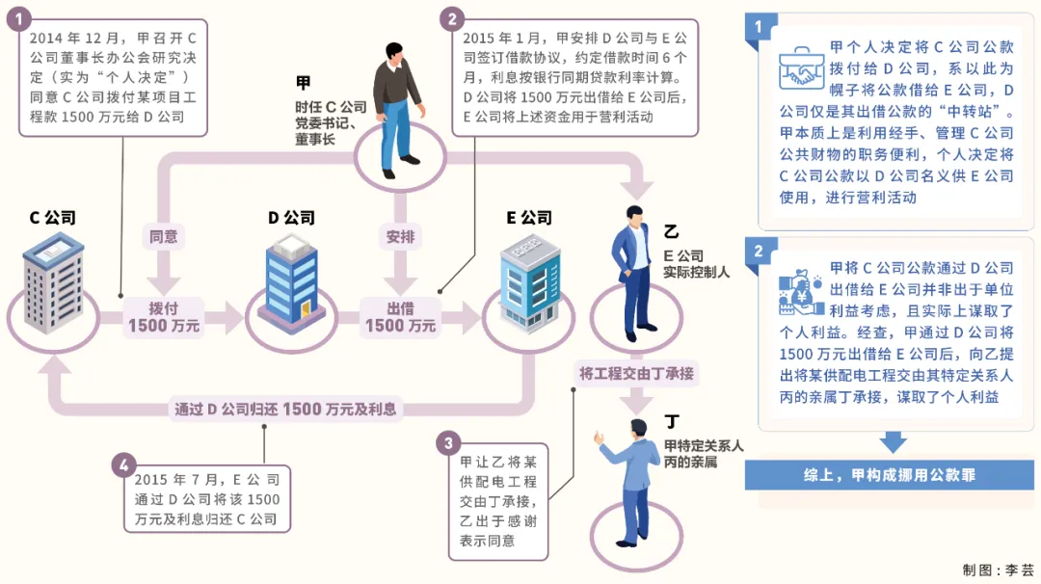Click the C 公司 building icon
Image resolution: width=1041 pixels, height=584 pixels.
53,283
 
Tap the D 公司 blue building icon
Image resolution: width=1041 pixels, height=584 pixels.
291,283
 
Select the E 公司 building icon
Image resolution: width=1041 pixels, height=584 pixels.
530,283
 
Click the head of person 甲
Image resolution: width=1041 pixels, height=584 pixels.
394,52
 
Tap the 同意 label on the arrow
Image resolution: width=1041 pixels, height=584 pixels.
163,236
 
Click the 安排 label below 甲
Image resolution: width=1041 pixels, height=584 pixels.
400,236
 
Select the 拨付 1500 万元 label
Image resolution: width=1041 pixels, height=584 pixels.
164,317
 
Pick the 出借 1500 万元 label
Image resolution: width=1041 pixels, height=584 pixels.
400,317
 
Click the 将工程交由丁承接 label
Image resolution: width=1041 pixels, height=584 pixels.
636,374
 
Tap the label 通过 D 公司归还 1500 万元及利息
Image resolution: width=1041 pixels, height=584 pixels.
284,409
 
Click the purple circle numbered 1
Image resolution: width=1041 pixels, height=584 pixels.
19,19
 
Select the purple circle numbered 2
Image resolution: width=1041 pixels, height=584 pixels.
452,19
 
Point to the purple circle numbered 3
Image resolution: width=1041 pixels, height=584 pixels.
449,443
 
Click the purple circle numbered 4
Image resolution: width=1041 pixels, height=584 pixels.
124,465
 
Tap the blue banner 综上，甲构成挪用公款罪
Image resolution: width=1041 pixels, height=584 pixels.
889,475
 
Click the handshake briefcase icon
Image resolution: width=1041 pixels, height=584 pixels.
801,67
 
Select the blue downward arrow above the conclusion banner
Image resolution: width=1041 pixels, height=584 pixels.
894,442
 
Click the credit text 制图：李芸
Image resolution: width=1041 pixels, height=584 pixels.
998,571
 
